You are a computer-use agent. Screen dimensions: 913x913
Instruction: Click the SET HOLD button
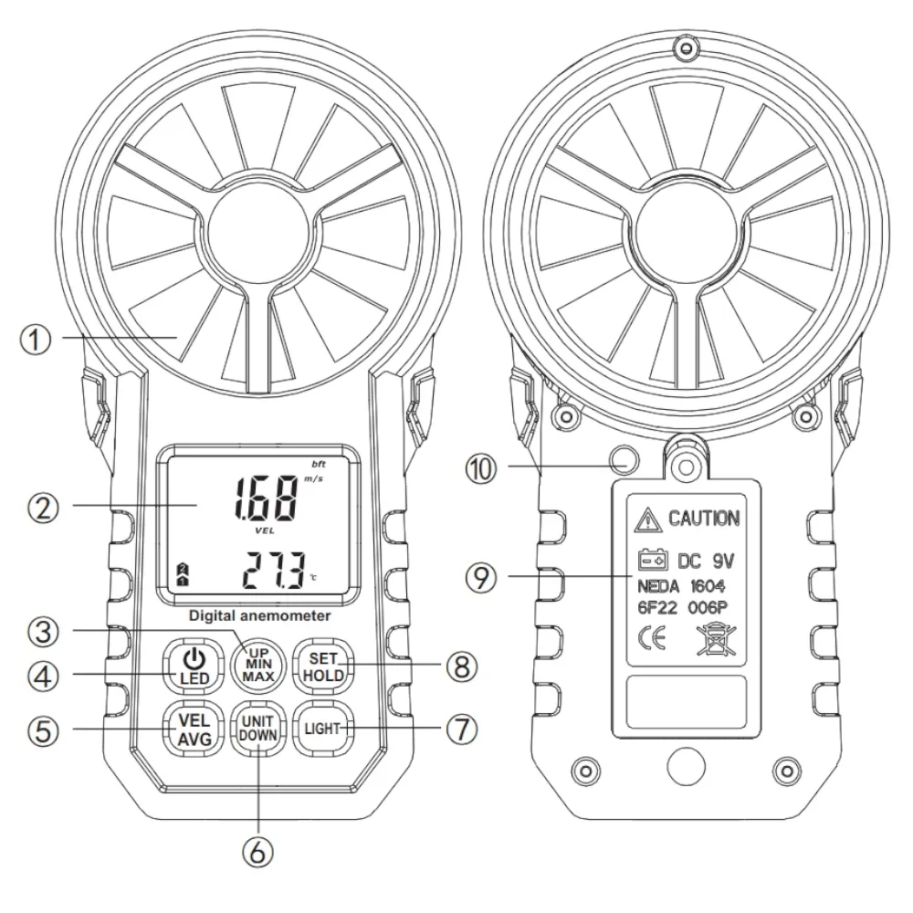pos(322,665)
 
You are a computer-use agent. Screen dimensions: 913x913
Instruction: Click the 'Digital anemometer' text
pos(259,616)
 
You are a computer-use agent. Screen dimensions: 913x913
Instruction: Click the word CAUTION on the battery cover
pos(704,519)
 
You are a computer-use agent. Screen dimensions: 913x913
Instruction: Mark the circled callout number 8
pos(463,666)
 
